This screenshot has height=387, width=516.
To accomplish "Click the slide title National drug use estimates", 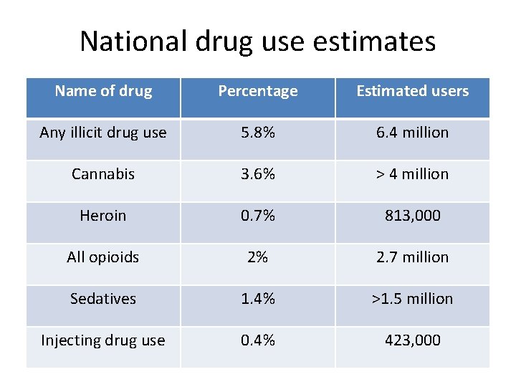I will click(257, 41).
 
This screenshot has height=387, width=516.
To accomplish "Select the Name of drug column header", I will click(103, 91).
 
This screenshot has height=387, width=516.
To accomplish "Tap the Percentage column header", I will click(257, 91).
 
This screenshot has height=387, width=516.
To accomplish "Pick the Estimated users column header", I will click(412, 91).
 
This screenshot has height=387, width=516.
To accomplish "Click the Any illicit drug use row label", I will click(103, 133).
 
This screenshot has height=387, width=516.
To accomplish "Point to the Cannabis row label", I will click(103, 174).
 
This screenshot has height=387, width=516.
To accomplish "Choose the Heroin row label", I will click(103, 216).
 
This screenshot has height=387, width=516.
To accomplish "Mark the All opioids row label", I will click(103, 257).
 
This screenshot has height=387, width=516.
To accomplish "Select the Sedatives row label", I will click(103, 299).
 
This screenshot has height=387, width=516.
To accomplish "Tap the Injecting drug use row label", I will click(103, 340).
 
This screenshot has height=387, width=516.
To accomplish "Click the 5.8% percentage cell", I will click(257, 133).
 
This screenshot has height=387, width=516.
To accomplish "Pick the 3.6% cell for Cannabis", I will click(257, 174).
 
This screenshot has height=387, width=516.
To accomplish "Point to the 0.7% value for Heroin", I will click(257, 216).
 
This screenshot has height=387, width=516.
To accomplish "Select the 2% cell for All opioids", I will click(257, 257).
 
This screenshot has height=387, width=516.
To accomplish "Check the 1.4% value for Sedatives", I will click(257, 299).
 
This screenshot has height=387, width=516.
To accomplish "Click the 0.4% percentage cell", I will click(257, 340).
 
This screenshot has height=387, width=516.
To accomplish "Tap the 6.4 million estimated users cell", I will click(412, 133).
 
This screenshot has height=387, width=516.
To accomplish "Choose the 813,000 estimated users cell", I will click(412, 216).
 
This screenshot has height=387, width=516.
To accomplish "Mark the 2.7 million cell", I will click(412, 257).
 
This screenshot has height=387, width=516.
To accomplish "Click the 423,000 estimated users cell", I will click(412, 340).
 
